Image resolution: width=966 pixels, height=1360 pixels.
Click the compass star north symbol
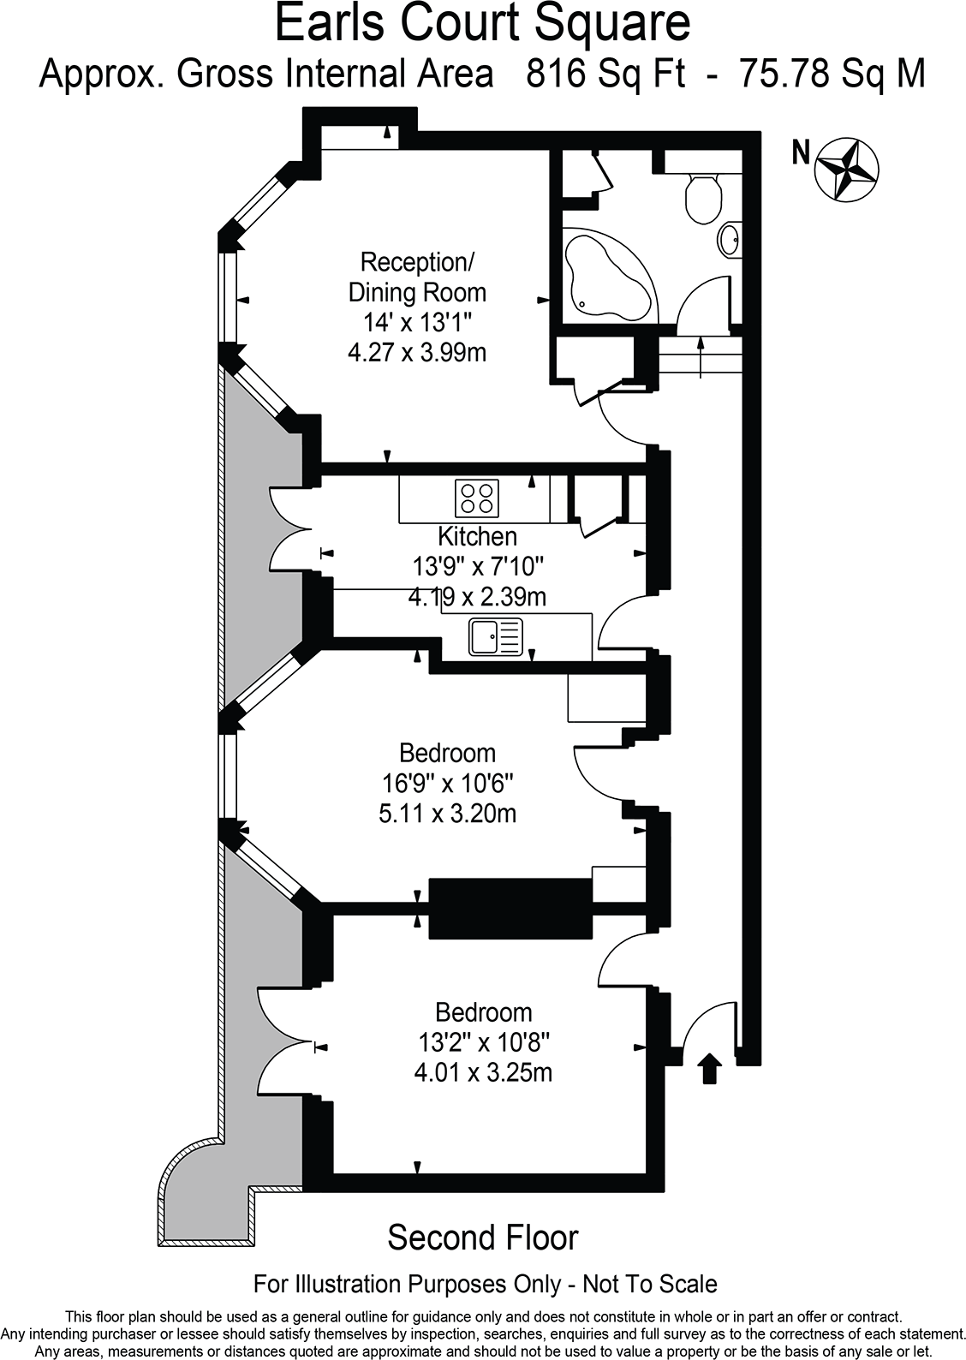click(846, 168)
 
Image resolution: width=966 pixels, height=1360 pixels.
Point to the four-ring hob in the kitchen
click(478, 498)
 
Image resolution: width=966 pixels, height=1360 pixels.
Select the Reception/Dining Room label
click(417, 276)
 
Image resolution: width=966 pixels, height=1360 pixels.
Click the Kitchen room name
click(477, 537)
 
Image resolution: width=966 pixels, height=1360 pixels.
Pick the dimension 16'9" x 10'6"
click(447, 783)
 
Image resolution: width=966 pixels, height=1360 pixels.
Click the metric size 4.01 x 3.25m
click(483, 1072)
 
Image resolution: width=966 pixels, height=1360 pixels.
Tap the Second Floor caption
click(483, 1238)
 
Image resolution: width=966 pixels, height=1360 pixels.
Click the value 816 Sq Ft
click(605, 75)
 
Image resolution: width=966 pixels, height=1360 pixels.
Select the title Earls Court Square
click(482, 24)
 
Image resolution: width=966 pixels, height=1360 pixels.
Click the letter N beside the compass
click(801, 153)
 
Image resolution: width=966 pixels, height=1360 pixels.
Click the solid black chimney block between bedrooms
click(510, 907)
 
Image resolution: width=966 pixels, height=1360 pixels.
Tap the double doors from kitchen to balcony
click(289, 531)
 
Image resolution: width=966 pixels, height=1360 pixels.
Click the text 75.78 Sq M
click(832, 75)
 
